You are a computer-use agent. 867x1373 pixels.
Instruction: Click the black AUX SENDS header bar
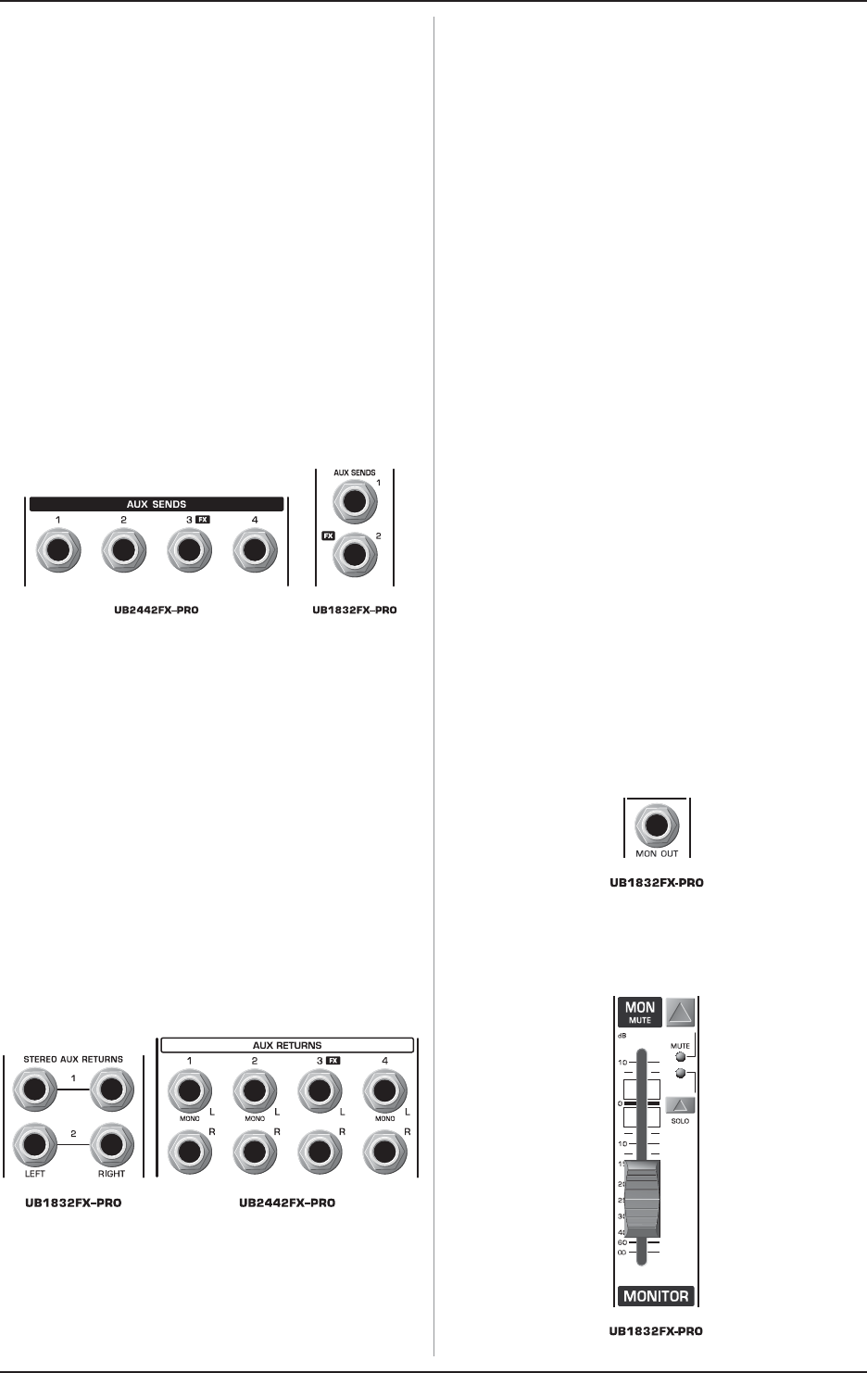pyautogui.click(x=156, y=505)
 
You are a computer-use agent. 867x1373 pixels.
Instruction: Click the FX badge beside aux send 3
pyautogui.click(x=203, y=521)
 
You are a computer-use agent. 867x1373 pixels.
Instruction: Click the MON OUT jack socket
pyautogui.click(x=657, y=823)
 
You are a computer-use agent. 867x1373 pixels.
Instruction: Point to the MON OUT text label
pyautogui.click(x=657, y=853)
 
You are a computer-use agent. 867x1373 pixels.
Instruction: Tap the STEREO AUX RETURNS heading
pyautogui.click(x=73, y=1059)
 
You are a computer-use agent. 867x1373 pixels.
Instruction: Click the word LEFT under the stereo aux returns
pyautogui.click(x=34, y=1174)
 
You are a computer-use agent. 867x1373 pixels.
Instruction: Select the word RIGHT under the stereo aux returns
pyautogui.click(x=111, y=1174)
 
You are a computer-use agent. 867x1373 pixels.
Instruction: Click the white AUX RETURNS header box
pyautogui.click(x=287, y=1045)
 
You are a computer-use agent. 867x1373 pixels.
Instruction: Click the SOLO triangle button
pyautogui.click(x=681, y=1104)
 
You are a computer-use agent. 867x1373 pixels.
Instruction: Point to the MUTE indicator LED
pyautogui.click(x=681, y=1056)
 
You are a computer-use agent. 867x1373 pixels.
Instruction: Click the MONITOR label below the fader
pyautogui.click(x=657, y=1296)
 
